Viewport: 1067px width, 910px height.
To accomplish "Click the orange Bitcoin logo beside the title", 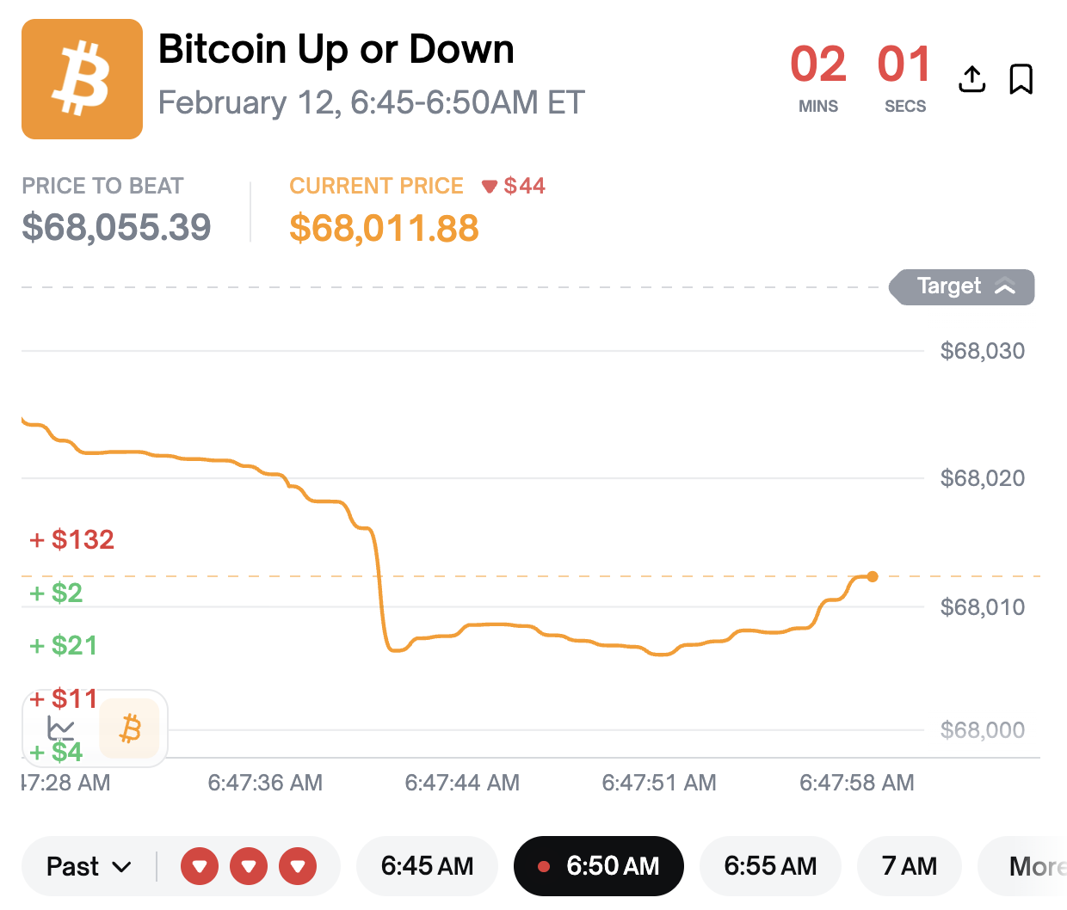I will (82, 79).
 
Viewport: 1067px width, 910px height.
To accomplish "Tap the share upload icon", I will (971, 79).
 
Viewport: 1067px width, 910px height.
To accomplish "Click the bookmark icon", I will (1021, 79).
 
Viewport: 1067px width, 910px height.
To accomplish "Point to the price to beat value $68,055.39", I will (116, 227).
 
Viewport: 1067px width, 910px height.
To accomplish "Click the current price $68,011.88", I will (384, 228).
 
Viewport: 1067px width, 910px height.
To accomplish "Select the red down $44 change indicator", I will (514, 186).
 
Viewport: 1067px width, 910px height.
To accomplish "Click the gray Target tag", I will (963, 286).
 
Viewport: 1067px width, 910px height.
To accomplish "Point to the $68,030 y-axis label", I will (982, 351).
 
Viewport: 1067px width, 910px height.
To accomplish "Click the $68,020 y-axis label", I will (982, 478).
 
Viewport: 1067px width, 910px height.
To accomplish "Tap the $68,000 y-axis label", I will (982, 730).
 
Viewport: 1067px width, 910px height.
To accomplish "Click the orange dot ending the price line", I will (873, 576).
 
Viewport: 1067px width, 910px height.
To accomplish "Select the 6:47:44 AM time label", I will (462, 783).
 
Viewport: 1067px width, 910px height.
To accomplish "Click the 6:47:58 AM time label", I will (856, 783).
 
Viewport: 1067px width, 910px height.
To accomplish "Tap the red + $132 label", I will (72, 539).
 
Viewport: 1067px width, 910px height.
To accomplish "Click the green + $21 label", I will (64, 645).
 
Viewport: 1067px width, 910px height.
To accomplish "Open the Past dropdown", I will (89, 866).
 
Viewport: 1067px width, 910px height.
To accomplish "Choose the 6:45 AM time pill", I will (427, 866).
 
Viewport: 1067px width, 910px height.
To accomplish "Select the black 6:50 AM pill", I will (599, 866).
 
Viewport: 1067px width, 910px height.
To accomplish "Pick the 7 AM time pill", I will (909, 866).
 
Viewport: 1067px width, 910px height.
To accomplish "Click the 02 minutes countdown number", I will (817, 65).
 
